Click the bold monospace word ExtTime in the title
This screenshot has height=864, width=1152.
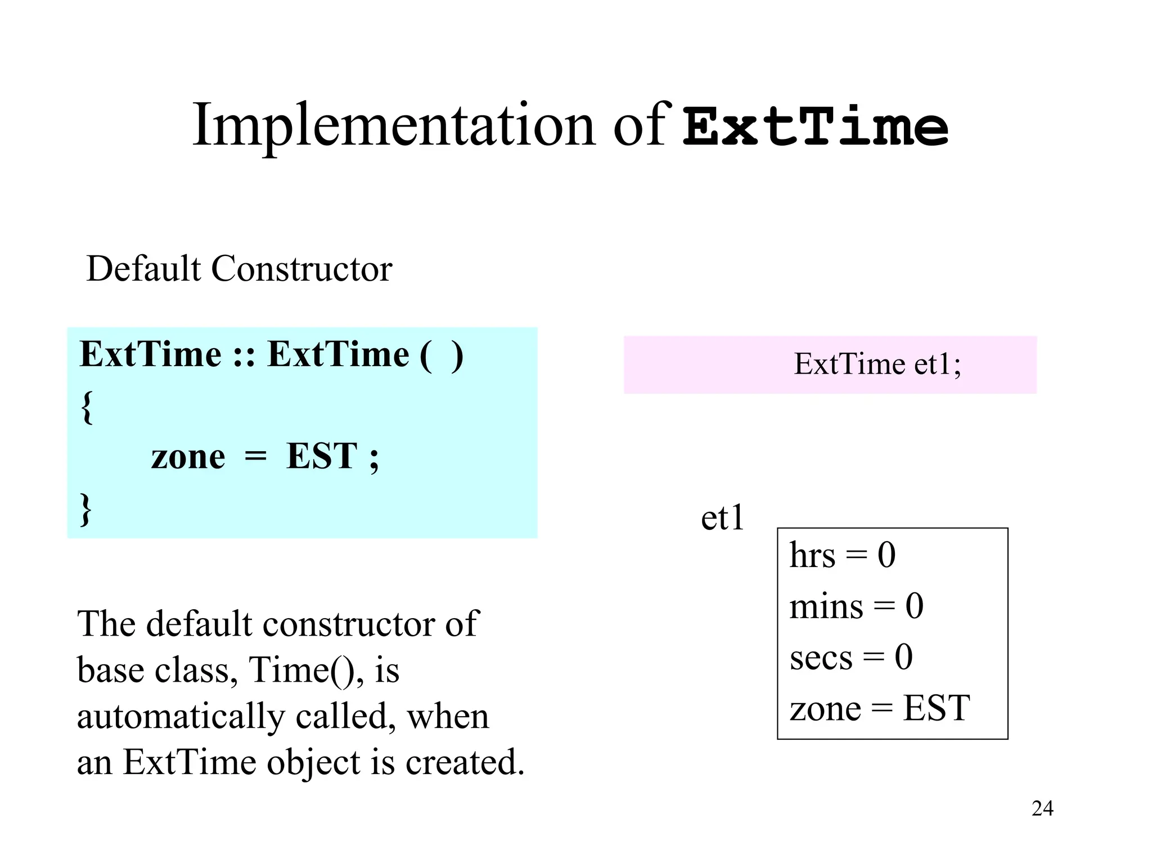pos(816,127)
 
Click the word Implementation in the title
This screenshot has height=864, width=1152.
pos(394,126)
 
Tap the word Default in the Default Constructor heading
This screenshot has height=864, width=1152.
pos(143,269)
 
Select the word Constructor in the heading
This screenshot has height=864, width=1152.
pos(301,269)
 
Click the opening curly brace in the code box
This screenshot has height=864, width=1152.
pos(87,407)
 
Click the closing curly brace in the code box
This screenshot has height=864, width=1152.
pos(85,509)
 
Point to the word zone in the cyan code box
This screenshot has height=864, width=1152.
pos(188,456)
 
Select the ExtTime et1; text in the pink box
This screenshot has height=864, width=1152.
pos(877,364)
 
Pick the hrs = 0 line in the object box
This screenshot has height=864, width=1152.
pos(842,555)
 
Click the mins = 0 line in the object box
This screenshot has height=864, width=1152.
pos(856,606)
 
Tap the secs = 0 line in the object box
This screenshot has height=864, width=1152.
pos(850,657)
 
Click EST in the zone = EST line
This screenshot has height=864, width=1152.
pos(936,708)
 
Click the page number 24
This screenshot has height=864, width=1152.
pos(1042,808)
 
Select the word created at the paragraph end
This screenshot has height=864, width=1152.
pos(465,763)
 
